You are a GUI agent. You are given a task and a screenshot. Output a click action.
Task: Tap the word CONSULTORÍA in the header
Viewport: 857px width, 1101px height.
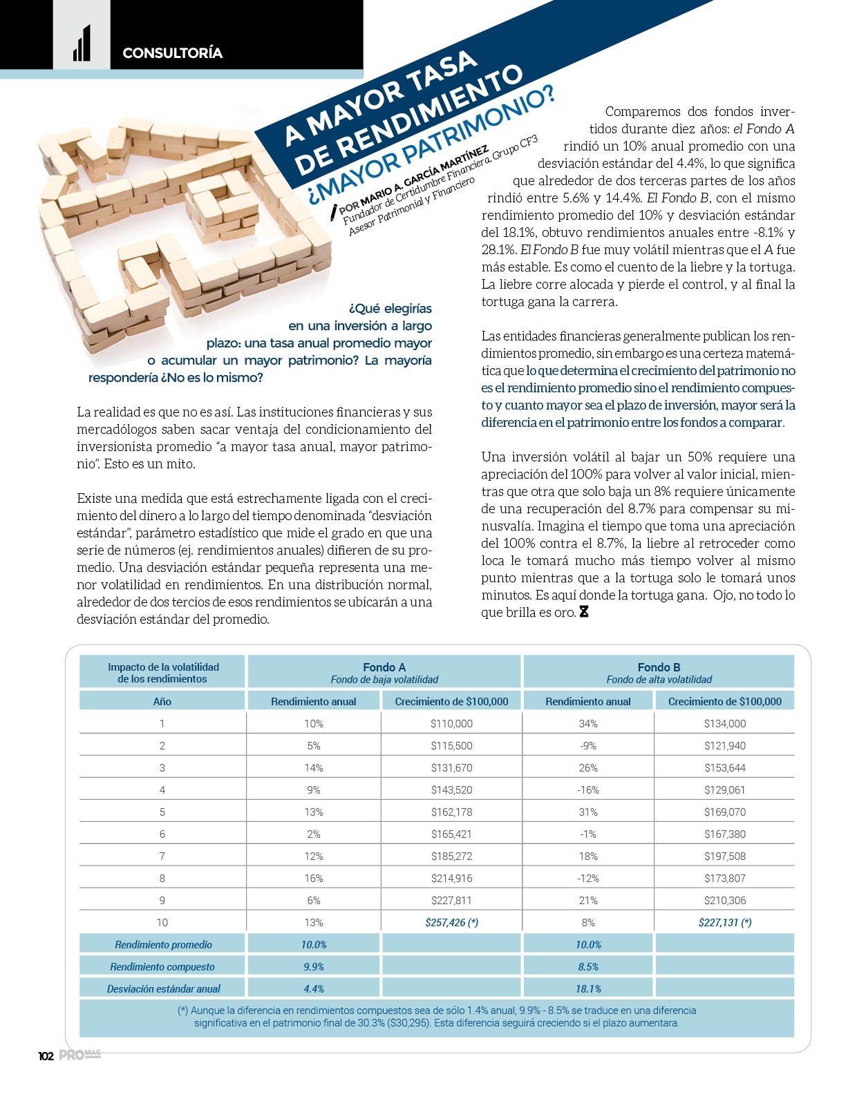172,53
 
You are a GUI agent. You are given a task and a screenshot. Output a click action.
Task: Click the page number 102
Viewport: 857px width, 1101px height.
46,1056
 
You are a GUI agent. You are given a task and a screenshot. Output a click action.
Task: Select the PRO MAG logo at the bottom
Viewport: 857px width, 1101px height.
79,1055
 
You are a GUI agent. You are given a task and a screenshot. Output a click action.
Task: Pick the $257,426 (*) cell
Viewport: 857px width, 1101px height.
451,922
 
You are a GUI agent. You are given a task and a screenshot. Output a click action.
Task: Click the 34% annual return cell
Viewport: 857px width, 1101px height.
588,723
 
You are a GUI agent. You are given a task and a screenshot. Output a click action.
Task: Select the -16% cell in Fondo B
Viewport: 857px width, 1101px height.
588,789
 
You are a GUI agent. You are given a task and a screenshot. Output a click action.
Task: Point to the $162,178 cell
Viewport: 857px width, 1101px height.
451,812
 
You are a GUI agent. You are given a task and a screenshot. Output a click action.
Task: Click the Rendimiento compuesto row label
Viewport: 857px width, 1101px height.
163,966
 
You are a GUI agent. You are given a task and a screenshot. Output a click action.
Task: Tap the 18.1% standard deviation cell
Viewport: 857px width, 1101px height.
588,988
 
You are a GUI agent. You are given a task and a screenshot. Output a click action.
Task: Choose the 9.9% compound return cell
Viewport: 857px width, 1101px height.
314,966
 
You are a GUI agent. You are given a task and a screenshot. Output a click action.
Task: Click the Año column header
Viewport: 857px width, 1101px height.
162,701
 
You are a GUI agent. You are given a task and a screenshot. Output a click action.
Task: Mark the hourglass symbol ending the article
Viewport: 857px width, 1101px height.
584,612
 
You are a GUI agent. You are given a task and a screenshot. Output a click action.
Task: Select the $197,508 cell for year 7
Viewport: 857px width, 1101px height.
724,856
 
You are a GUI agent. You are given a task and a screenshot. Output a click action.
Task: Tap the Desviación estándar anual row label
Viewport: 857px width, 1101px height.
163,988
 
